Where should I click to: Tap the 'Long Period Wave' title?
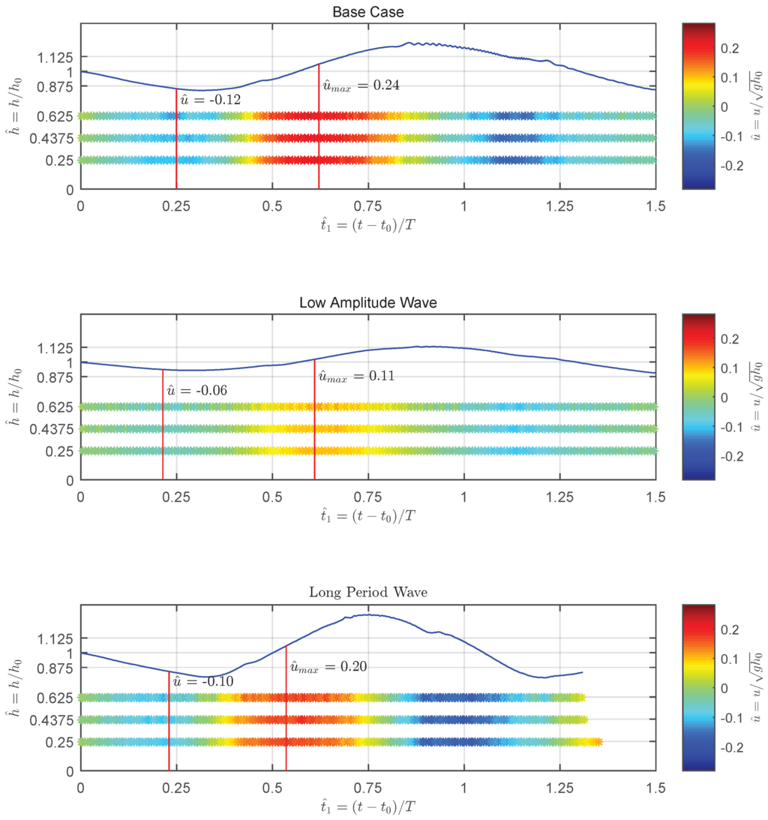click(367, 593)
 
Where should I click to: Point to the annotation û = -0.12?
click(211, 99)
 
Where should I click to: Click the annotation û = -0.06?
click(196, 390)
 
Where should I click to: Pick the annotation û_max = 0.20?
click(328, 666)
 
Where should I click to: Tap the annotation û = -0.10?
click(202, 681)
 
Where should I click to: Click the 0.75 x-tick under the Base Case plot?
click(368, 204)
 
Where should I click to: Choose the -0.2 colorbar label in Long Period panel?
click(730, 747)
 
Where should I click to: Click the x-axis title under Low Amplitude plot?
click(367, 515)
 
